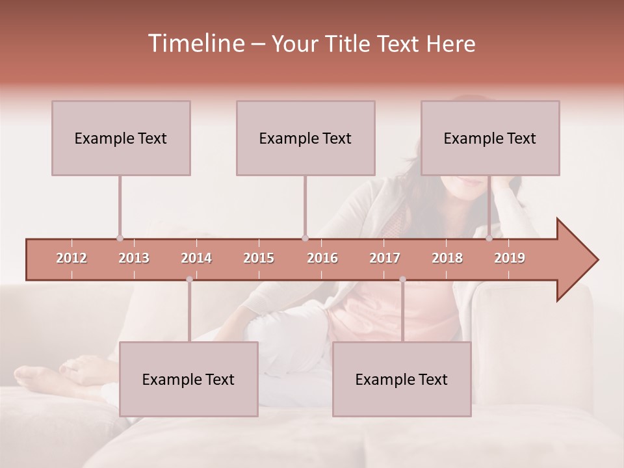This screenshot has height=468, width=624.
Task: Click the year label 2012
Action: (x=71, y=258)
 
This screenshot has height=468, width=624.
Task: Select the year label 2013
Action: (x=134, y=258)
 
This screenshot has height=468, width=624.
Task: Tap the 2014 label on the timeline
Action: (x=196, y=258)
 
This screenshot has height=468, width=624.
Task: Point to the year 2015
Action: (x=259, y=258)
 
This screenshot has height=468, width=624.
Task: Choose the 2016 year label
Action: (x=322, y=258)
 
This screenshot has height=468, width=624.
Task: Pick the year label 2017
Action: (x=385, y=258)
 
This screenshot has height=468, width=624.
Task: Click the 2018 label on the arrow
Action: (x=447, y=258)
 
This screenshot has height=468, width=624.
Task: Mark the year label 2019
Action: (x=510, y=258)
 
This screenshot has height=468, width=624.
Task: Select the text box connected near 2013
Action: (x=121, y=138)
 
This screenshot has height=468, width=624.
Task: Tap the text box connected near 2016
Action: (x=305, y=138)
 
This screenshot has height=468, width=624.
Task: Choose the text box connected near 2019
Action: (x=490, y=138)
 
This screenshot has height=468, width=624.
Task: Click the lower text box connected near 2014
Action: (x=188, y=379)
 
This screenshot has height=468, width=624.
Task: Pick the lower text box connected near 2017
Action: (x=402, y=379)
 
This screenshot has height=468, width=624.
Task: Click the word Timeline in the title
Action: (x=195, y=44)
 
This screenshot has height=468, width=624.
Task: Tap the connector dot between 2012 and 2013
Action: (x=120, y=238)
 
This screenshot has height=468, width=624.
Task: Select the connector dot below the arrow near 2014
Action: (x=189, y=279)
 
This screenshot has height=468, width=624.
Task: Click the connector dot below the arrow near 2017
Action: (x=402, y=279)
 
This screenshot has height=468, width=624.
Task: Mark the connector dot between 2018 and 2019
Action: (x=489, y=238)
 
